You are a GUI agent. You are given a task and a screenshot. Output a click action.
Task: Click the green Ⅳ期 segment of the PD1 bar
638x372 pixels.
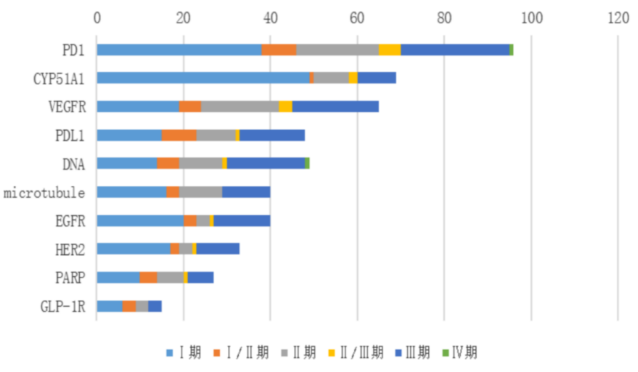[511, 50]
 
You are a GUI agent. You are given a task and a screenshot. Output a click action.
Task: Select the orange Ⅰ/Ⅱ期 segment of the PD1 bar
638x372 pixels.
[279, 50]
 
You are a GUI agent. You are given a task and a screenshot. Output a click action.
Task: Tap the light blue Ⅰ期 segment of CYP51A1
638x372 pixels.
[203, 78]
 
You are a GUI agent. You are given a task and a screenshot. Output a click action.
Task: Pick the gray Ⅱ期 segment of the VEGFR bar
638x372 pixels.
[240, 106]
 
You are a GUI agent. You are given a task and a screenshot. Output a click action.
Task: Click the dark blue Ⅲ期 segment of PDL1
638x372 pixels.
[272, 135]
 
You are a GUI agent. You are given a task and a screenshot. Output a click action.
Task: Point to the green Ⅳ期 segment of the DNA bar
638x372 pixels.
[307, 164]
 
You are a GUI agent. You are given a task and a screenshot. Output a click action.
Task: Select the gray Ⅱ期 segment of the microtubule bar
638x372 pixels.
[201, 192]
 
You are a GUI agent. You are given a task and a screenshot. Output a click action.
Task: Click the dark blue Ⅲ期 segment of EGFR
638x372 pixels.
[242, 221]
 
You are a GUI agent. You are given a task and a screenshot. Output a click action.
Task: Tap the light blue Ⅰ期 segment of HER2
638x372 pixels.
[133, 249]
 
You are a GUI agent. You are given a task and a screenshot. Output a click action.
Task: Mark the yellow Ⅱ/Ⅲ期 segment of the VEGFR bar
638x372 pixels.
[286, 106]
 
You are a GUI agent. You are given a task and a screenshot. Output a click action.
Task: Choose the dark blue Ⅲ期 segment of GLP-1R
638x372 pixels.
[155, 306]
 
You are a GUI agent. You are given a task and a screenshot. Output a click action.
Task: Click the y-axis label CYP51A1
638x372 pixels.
[59, 78]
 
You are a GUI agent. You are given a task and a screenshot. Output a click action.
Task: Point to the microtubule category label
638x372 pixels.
[44, 193]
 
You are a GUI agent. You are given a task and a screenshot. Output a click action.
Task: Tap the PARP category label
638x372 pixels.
[69, 278]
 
